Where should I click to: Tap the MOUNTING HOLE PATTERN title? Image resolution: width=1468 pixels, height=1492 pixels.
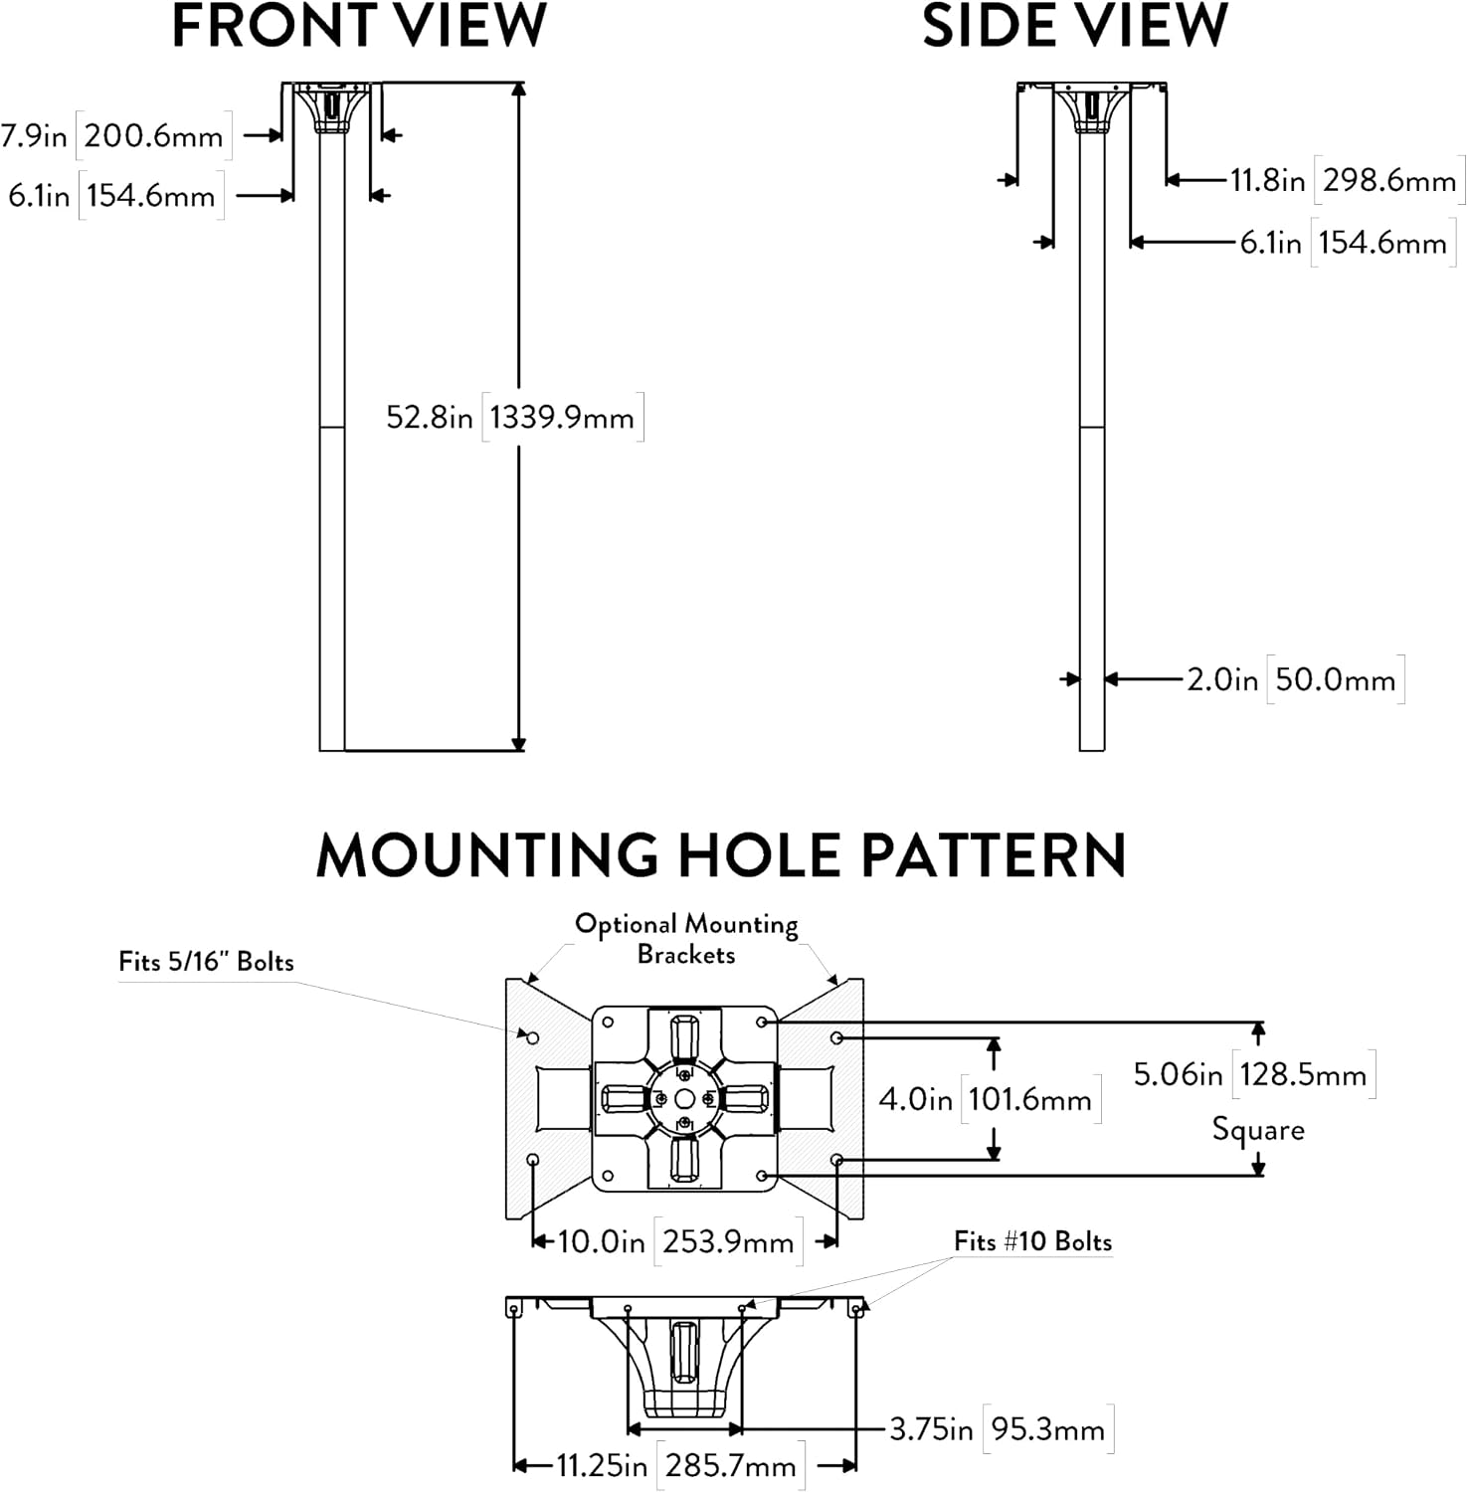coord(721,855)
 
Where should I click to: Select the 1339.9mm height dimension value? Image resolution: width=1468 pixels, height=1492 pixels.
coord(562,417)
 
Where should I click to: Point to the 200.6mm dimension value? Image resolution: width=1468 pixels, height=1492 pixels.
coord(154,135)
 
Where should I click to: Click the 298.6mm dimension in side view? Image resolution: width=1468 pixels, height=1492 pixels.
coord(1389,180)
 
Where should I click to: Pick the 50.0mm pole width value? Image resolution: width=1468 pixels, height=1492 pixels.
coord(1335,679)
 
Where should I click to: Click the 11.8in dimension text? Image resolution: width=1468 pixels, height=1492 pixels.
coord(1267,180)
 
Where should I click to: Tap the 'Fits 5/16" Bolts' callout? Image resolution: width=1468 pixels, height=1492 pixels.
coord(207,962)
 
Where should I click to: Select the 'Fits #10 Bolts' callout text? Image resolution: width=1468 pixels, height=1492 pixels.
coord(1033,1241)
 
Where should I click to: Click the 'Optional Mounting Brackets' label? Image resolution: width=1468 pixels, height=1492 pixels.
coord(686,939)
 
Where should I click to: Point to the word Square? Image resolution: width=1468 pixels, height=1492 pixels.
coord(1258,1131)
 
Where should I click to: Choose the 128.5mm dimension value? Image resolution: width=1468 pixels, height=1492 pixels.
coord(1303,1074)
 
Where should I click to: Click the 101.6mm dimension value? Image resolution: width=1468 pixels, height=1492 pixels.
coord(1029,1099)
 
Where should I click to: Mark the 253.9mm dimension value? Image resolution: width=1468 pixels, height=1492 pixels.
coord(728,1241)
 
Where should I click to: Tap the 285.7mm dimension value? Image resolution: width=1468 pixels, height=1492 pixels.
coord(731,1465)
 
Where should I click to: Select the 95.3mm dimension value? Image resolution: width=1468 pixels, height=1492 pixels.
coord(1048,1429)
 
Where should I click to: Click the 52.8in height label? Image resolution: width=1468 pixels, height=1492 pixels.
coord(430,417)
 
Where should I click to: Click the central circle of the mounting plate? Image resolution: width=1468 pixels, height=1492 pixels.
coord(684,1098)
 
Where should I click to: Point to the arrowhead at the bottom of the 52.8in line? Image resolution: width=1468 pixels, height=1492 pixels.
coord(518,743)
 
